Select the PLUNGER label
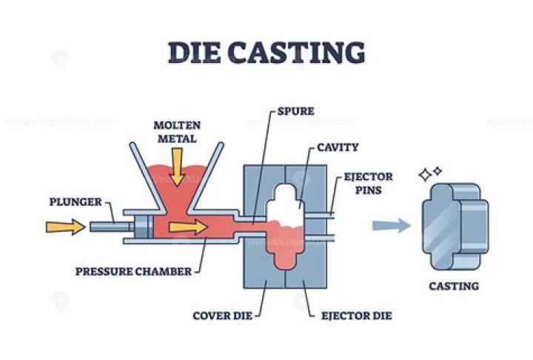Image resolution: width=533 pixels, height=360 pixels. pos(72,201)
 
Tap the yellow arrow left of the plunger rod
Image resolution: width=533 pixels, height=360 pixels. pos(64,226)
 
